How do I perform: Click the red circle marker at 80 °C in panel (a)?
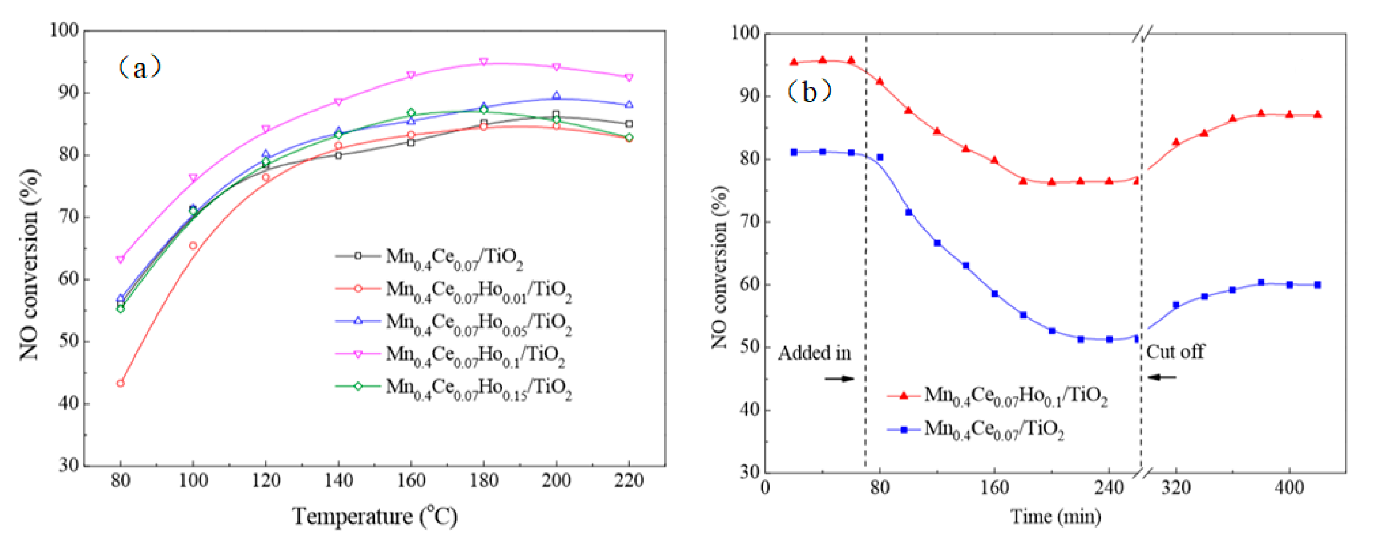point(120,383)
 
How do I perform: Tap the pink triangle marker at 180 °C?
point(483,62)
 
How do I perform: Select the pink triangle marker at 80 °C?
point(120,260)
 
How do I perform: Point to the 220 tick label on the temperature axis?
point(628,481)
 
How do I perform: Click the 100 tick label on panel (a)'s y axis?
point(64,30)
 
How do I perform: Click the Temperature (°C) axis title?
point(375,516)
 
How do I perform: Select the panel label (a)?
point(139,68)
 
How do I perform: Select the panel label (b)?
point(809,92)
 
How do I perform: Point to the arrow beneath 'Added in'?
point(839,379)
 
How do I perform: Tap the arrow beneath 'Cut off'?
point(1162,377)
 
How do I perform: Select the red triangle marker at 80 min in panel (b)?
point(879,81)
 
